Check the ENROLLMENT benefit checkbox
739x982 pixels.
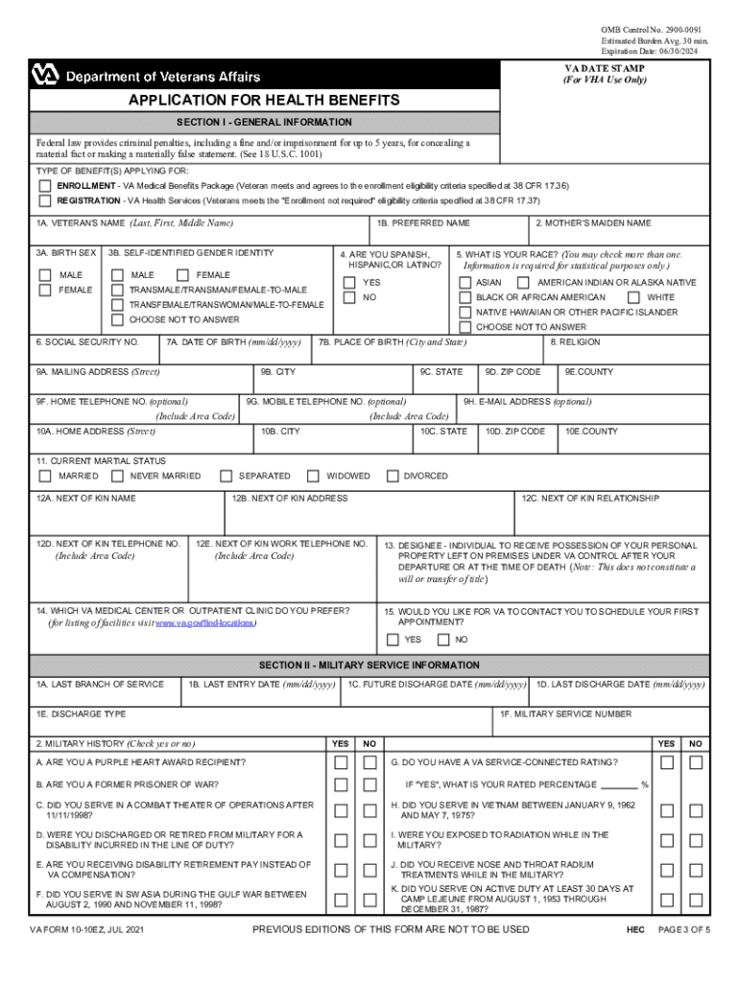pos(45,185)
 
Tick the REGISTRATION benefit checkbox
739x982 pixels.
pos(45,201)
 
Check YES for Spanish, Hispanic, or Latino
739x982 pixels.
pos(350,283)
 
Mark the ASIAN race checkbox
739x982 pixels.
pos(465,283)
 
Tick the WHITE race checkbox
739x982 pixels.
pos(633,297)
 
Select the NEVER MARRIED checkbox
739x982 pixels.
pos(117,476)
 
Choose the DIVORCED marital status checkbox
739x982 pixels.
pos(392,476)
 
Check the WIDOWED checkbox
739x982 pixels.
pos(313,476)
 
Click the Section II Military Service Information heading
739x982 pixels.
pos(369,665)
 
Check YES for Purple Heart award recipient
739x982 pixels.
pos(341,762)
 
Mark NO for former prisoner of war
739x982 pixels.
pos(369,784)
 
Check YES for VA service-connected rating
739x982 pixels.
pos(667,762)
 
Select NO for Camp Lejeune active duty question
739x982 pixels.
pos(697,900)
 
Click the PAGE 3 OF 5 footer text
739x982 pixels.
pos(684,931)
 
